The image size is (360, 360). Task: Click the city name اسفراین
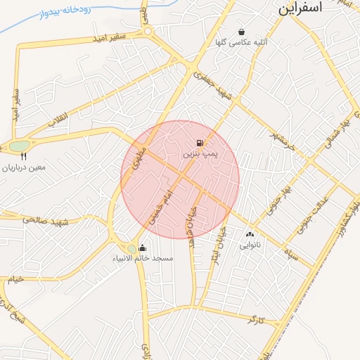pos(300,8)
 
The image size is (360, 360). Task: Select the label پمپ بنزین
pos(202,153)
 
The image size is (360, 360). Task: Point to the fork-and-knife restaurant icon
pos(24,157)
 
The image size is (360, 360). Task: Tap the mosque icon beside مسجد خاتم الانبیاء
pos(143,247)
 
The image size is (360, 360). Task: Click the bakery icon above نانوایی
pos(250,234)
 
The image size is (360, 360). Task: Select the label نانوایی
pos(250,245)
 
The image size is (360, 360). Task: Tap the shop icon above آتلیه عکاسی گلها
pos(242,32)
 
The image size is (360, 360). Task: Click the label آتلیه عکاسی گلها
pos(242,42)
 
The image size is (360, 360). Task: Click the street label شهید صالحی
pos(44,221)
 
